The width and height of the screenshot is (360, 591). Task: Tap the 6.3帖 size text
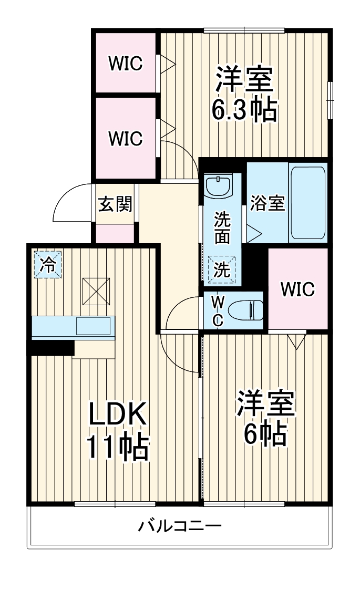[244, 109]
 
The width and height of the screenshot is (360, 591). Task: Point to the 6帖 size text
[265, 434]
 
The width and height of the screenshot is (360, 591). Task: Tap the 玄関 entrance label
[115, 204]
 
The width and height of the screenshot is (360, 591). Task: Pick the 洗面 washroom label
[222, 227]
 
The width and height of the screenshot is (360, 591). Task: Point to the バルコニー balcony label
[180, 525]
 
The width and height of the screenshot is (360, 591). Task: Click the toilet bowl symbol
[248, 309]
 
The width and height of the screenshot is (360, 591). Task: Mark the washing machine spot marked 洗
[222, 270]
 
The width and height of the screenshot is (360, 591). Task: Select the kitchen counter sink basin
[94, 326]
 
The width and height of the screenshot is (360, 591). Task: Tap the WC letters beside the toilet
[218, 309]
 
